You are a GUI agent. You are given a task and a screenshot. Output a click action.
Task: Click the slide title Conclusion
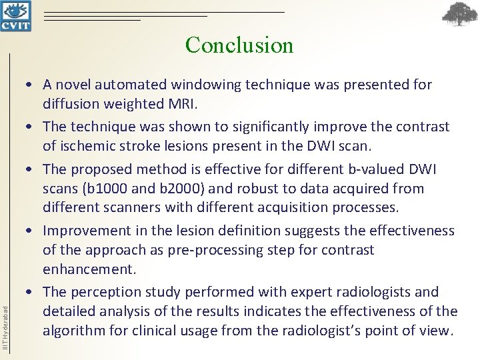[x=239, y=45]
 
